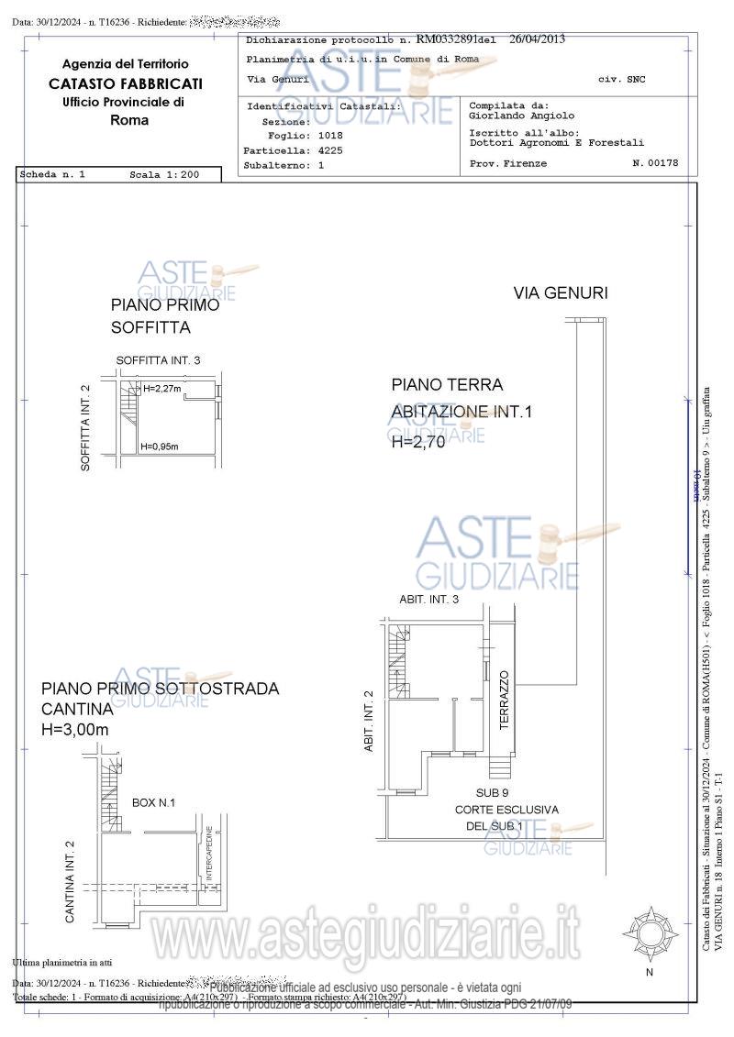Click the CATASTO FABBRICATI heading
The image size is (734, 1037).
pos(126,83)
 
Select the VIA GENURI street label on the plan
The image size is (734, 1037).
pos(561,293)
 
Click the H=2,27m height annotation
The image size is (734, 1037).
pos(162,389)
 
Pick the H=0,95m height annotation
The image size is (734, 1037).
pos(160,447)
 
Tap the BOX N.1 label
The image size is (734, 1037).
pos(153,802)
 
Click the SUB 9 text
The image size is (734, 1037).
pos(493,792)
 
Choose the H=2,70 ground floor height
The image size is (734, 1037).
pos(417,442)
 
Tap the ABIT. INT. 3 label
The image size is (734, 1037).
pos(428,599)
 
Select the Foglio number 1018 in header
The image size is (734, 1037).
pos(324,136)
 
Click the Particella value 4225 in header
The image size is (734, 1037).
pos(330,150)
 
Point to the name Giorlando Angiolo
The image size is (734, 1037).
pos(521,116)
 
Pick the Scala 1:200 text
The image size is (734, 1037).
pos(164,173)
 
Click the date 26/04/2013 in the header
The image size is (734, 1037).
pos(538,39)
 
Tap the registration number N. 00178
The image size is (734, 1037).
pos(655,163)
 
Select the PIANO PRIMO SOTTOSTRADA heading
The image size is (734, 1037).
pos(161,689)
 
